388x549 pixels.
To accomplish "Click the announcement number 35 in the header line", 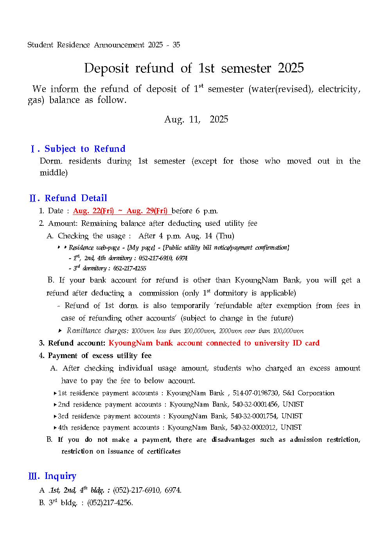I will pyautogui.click(x=176, y=45).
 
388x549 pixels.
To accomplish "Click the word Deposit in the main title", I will pyautogui.click(x=106, y=68).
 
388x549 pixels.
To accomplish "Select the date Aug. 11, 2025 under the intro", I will pyautogui.click(x=196, y=119).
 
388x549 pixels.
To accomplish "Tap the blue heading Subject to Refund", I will pyautogui.click(x=85, y=149).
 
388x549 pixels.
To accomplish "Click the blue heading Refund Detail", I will pyautogui.click(x=76, y=198).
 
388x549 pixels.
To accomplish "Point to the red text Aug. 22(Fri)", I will pyautogui.click(x=93, y=211).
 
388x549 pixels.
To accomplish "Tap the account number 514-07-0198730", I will pyautogui.click(x=255, y=393).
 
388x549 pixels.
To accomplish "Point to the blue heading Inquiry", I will pyautogui.click(x=60, y=476).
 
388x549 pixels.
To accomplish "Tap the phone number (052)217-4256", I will pyautogui.click(x=110, y=503).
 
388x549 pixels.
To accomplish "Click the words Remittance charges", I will pyautogui.click(x=97, y=331).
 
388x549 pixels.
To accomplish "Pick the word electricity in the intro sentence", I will pyautogui.click(x=339, y=89).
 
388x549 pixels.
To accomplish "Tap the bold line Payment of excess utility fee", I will pyautogui.click(x=99, y=356).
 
